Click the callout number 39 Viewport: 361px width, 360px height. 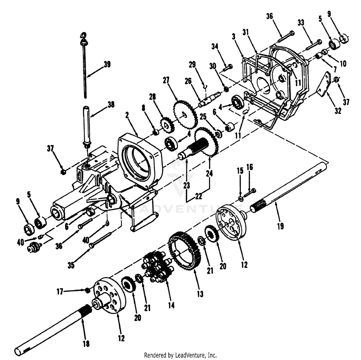[x=107, y=65]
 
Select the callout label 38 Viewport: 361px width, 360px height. [x=110, y=105]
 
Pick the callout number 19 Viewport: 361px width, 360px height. [x=280, y=226]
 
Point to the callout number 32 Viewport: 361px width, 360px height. [x=338, y=111]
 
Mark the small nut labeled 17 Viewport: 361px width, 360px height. [x=87, y=290]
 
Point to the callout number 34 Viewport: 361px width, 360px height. [x=215, y=46]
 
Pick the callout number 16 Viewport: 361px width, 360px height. [x=250, y=167]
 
